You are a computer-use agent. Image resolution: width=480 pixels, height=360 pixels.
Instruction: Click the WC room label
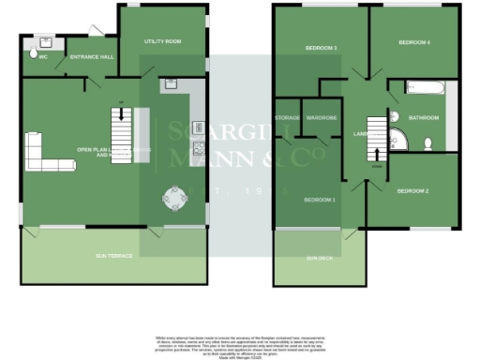[x=41, y=57]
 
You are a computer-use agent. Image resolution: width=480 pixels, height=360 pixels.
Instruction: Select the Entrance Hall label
[x=92, y=57]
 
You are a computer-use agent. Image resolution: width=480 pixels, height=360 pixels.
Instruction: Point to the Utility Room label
[x=161, y=42]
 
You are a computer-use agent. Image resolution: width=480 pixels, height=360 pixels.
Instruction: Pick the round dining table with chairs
[x=174, y=198]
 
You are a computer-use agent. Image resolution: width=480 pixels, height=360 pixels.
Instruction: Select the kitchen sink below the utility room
[x=172, y=83]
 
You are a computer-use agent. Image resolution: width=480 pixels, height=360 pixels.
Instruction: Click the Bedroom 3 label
[x=321, y=47]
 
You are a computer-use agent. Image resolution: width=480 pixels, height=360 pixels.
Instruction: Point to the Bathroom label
[x=424, y=118]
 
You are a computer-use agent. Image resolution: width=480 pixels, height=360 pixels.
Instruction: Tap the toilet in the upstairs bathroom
[x=427, y=143]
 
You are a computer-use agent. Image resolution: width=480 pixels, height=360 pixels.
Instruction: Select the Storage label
[x=286, y=118]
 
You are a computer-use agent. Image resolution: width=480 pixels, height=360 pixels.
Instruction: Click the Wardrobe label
[x=321, y=118]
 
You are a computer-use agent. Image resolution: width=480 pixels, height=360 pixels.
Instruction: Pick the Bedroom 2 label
[x=412, y=191]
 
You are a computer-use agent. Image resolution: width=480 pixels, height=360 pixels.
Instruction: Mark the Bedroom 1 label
[x=320, y=201]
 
